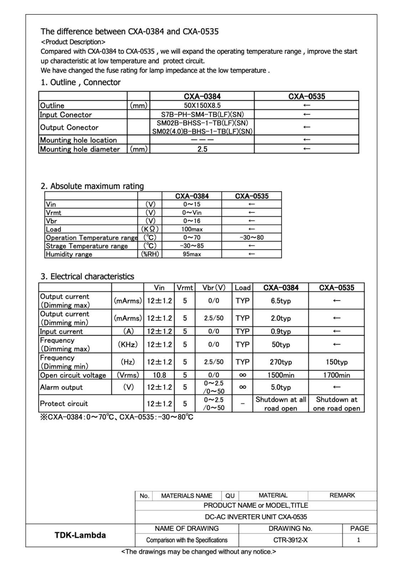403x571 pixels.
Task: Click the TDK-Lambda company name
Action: (80, 535)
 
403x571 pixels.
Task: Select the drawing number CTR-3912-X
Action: (290, 540)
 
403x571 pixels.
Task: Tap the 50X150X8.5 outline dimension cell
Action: (202, 105)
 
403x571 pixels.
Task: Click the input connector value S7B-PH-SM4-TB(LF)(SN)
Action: (202, 115)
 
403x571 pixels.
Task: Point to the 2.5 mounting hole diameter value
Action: (202, 149)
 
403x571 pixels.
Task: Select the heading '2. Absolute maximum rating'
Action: (92, 186)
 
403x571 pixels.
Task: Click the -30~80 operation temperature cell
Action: (252, 237)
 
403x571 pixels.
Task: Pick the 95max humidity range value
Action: (192, 254)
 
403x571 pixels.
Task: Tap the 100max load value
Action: (192, 229)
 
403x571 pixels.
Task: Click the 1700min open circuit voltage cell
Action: (336, 375)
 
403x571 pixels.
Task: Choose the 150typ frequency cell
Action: (336, 362)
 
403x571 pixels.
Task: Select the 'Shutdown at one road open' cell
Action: (336, 404)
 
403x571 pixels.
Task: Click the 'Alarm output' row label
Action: (61, 387)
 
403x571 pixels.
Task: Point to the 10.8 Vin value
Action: (159, 375)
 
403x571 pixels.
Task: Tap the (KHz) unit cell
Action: (128, 344)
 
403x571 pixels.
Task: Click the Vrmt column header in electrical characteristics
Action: (185, 288)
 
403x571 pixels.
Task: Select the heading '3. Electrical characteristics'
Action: (87, 276)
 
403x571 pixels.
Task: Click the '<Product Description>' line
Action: (73, 42)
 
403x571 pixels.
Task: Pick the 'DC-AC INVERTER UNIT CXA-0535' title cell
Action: (256, 517)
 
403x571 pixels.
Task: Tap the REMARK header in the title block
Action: (342, 495)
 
